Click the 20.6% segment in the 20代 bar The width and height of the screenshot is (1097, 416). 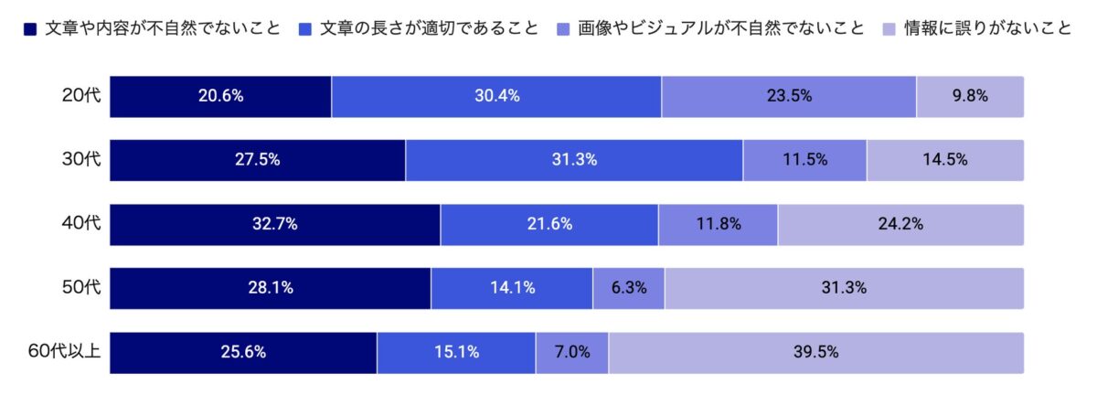(x=220, y=96)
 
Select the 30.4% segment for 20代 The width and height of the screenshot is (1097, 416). (x=496, y=96)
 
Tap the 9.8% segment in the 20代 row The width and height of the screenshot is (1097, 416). (x=970, y=96)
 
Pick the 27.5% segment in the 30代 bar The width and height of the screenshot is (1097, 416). (x=258, y=160)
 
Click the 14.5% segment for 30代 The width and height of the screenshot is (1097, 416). (x=945, y=160)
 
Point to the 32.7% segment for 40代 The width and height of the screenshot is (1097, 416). (x=275, y=224)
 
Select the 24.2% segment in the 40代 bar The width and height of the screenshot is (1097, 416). (x=900, y=224)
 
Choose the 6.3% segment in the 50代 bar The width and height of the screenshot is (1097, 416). (x=629, y=288)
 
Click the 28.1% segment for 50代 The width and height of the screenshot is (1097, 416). (x=271, y=288)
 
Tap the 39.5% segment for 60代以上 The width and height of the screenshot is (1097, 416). (x=816, y=352)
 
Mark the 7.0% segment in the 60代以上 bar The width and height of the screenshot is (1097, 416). (x=572, y=352)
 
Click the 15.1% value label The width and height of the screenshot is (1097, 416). (x=457, y=352)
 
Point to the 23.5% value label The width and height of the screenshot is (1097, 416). (x=789, y=96)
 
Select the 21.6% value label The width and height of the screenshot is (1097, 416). (x=549, y=224)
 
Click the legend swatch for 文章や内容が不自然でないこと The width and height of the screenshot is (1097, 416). (x=30, y=28)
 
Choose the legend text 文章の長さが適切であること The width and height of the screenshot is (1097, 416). (x=430, y=28)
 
